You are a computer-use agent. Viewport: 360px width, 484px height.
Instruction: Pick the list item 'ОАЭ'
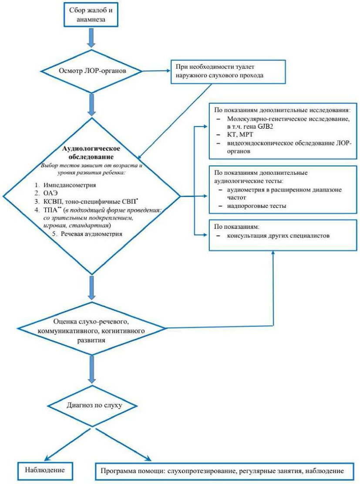55,193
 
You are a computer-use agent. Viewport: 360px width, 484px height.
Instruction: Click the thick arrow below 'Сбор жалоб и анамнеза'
91,38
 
